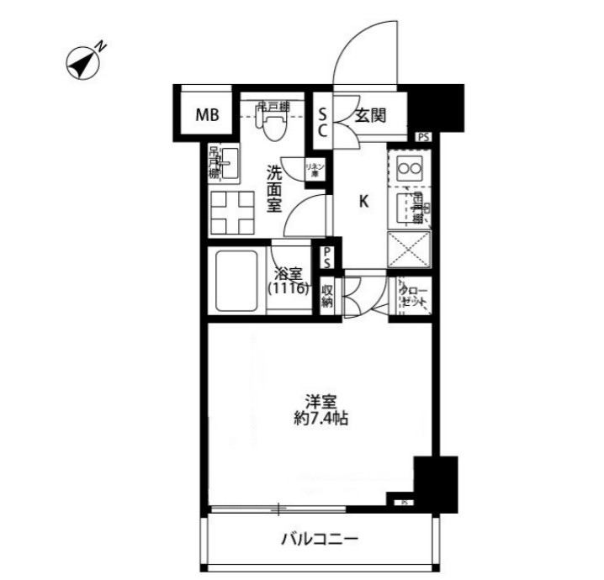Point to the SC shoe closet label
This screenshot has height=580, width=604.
click(x=322, y=121)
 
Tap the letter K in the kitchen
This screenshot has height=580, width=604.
click(x=364, y=202)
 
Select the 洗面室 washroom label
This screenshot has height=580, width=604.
click(x=274, y=190)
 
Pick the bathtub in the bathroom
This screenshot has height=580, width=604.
click(x=239, y=280)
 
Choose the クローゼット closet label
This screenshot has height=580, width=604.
click(x=414, y=295)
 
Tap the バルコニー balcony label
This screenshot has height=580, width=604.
click(x=319, y=539)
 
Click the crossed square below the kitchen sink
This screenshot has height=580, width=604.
click(x=411, y=250)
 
